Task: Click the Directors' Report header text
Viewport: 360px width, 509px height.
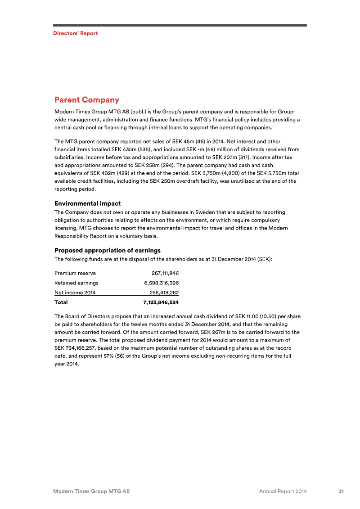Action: point(75,33)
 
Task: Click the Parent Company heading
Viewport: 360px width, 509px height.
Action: point(86,100)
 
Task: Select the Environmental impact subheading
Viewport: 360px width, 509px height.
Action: point(87,203)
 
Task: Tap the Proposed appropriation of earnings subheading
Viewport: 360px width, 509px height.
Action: point(107,250)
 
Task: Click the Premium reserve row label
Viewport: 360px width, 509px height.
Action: point(75,273)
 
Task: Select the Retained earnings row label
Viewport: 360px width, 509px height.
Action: point(76,283)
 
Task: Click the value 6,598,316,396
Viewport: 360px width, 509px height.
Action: point(161,283)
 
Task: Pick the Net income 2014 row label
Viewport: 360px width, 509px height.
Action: point(75,293)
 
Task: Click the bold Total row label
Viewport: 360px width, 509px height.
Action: point(61,302)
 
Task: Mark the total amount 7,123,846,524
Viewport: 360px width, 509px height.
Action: point(161,302)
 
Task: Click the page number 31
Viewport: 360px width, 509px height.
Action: point(341,491)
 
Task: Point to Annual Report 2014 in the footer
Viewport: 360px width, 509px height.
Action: point(283,491)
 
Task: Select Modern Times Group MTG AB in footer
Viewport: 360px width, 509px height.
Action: point(91,491)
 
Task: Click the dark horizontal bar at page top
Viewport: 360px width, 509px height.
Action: point(180,25)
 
